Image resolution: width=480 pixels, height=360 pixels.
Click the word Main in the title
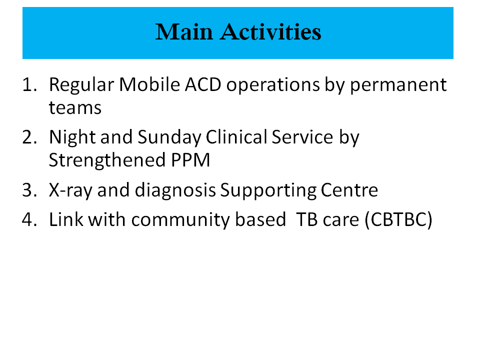pos(184,32)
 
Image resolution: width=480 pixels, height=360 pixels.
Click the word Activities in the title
pos(270,32)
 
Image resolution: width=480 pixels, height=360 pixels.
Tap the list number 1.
pos(29,84)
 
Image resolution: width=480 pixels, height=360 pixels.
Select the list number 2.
pos(29,137)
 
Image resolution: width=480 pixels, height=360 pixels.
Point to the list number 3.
pos(29,190)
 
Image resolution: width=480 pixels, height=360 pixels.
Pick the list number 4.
pos(29,219)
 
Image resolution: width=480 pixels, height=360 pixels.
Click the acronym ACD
pos(203,84)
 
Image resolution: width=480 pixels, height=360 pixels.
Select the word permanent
pos(398,85)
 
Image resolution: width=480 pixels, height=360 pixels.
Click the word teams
pos(75,108)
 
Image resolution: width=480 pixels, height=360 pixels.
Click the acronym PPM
pos(190,160)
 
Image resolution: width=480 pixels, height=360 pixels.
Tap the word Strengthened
pos(107,160)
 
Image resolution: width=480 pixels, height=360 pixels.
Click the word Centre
pos(349,190)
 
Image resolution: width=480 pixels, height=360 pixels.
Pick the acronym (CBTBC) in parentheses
pos(398,220)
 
